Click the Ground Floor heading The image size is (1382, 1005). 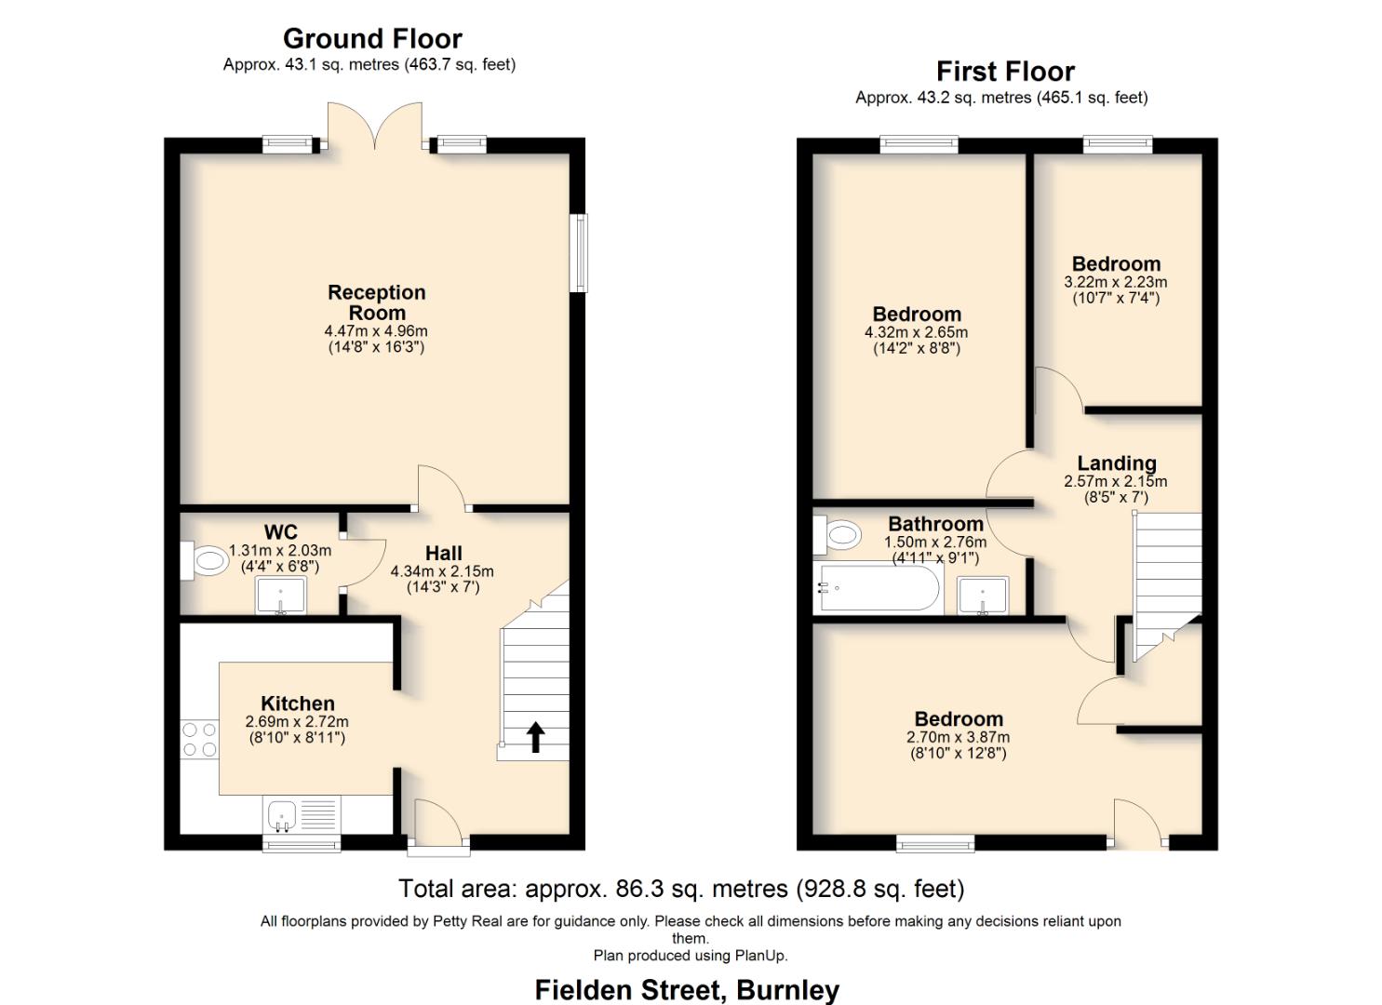[372, 39]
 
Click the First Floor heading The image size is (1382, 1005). [1005, 72]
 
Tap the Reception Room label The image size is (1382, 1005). [376, 302]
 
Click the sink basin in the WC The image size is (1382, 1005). [281, 596]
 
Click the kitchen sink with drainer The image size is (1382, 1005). [301, 816]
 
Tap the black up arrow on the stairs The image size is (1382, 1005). [536, 736]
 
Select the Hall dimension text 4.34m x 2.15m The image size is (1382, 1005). [442, 571]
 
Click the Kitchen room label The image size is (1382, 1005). [297, 703]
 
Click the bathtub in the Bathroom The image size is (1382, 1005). [877, 587]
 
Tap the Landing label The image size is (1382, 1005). [1116, 463]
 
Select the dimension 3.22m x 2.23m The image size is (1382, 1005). [1115, 282]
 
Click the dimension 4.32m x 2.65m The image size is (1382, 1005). [916, 332]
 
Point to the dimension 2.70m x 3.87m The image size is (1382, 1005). [958, 737]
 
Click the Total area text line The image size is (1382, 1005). [681, 889]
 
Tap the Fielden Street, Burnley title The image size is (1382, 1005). [687, 989]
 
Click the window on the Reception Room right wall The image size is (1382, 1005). [579, 253]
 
